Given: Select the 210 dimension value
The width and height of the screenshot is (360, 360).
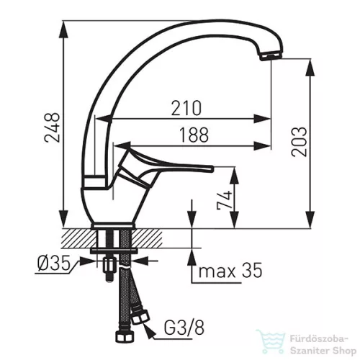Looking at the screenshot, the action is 186,108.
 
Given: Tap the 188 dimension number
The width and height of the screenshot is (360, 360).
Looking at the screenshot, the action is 194,135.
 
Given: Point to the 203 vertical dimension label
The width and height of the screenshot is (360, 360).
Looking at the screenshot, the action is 299,142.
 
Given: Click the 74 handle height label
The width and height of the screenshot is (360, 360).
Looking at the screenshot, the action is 225,200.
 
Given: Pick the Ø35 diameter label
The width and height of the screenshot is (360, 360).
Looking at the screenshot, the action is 54,263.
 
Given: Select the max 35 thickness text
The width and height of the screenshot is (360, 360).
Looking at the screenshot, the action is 230,271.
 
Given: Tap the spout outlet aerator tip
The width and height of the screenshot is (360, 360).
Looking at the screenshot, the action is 271,57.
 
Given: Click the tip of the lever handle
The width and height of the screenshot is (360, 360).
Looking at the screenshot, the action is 212,168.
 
